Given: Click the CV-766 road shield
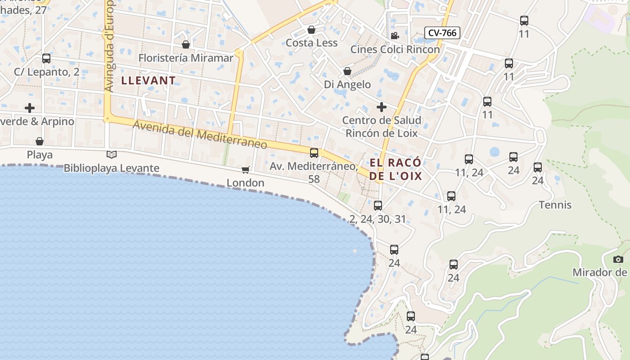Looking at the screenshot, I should click(442, 32).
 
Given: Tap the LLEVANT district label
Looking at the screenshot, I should click(148, 81).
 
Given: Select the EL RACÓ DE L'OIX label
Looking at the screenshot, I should click(396, 169).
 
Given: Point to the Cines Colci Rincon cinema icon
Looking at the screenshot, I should click(395, 36).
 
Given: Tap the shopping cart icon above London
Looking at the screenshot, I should click(245, 169).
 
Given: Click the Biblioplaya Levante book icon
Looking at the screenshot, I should click(112, 154).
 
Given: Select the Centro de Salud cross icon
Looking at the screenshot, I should click(381, 107).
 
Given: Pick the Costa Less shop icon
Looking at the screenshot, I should click(311, 30).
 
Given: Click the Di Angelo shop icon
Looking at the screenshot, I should click(347, 71).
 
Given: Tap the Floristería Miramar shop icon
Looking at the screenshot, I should click(185, 45).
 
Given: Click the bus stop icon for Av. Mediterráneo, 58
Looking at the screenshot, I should click(314, 153).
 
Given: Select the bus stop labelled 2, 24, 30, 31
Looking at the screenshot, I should click(378, 206).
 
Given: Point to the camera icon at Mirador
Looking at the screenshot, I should click(618, 259).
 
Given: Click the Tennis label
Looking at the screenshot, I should click(555, 205).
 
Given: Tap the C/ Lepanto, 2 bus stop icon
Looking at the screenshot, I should click(46, 58).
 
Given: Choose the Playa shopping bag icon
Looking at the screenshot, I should click(40, 141).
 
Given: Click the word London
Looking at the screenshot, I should click(245, 183).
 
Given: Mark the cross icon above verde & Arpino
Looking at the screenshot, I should click(30, 108).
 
